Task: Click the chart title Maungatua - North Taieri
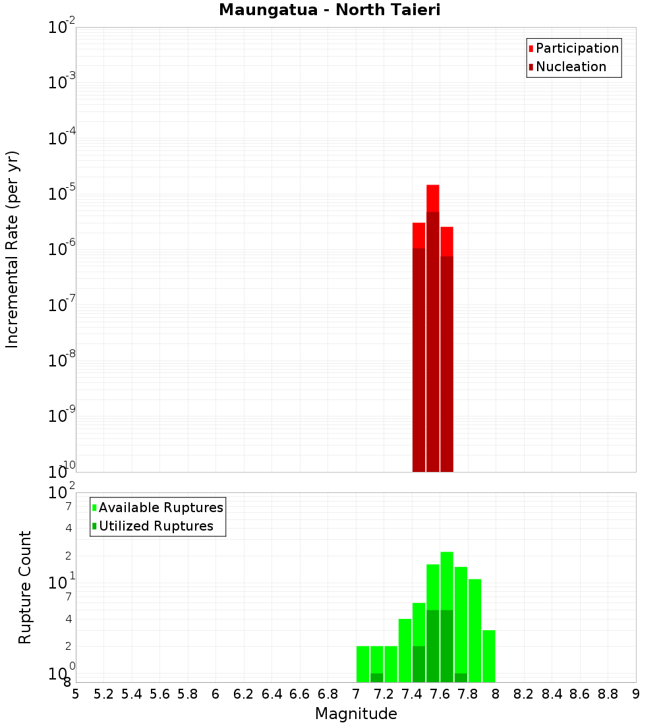click(329, 10)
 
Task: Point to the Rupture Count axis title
click(25, 587)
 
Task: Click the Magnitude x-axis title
click(356, 713)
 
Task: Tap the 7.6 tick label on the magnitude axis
click(440, 694)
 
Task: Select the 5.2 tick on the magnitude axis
click(103, 694)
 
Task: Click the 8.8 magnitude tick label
click(608, 694)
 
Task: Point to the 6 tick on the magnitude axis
click(215, 694)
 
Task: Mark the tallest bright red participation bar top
click(433, 187)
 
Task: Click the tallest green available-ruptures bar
click(447, 580)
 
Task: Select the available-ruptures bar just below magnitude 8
click(488, 656)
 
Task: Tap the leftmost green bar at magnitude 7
click(362, 664)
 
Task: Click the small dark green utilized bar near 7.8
click(461, 677)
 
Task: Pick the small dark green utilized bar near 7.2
click(377, 677)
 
